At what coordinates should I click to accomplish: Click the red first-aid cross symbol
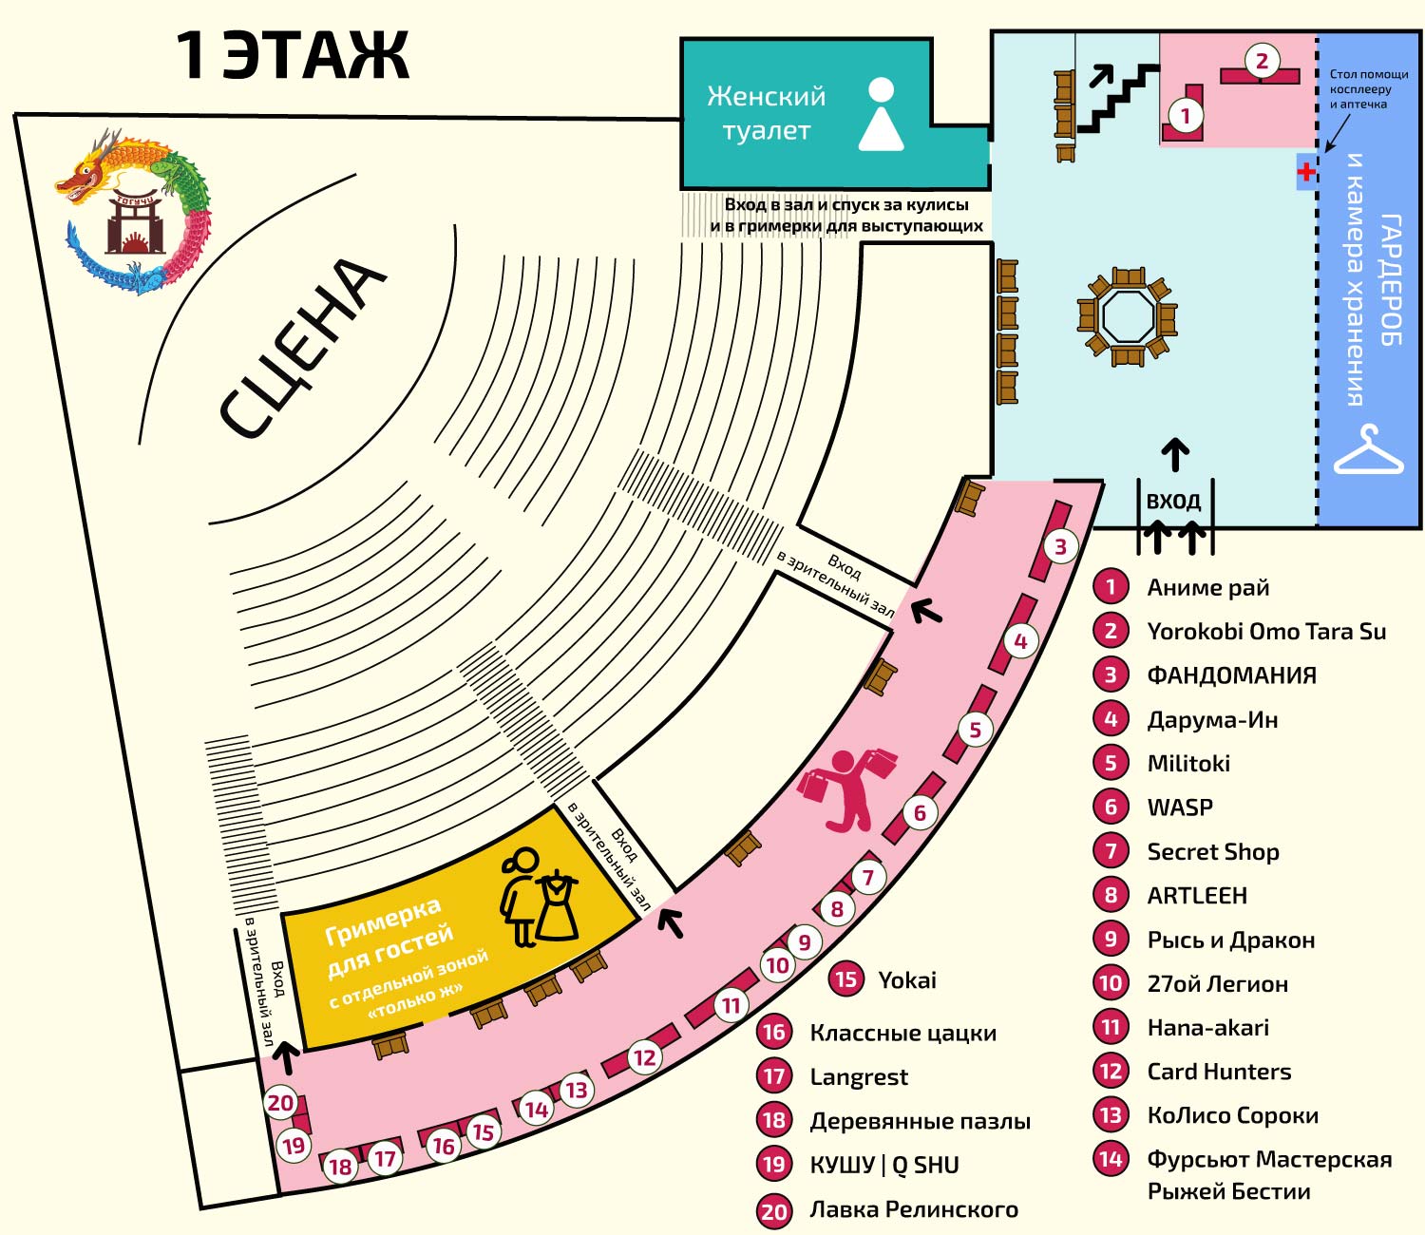1305,171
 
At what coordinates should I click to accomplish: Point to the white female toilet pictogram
881,114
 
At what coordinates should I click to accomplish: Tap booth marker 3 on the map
1060,547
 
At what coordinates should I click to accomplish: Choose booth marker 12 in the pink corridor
645,1057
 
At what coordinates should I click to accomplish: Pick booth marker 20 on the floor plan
280,1103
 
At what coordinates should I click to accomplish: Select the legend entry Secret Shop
1212,851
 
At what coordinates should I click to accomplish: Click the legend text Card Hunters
1219,1072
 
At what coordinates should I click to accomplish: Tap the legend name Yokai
907,979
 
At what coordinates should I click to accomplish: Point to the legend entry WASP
1180,807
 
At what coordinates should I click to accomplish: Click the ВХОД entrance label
1173,501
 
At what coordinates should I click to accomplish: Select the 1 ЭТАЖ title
293,56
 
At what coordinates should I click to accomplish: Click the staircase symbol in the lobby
1117,98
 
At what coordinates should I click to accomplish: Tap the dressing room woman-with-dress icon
539,897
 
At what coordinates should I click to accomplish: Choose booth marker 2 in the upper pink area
1262,61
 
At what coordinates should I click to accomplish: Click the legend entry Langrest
858,1076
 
